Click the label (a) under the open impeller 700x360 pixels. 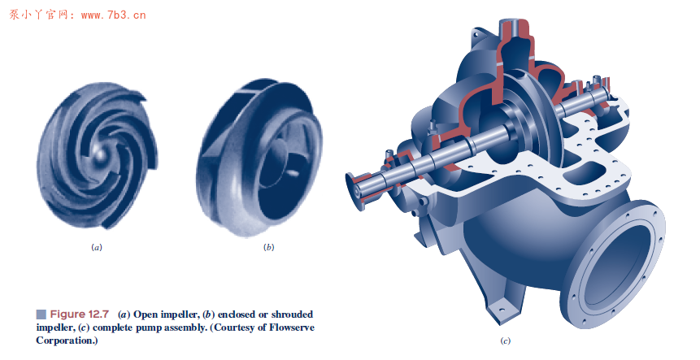pyautogui.click(x=97, y=246)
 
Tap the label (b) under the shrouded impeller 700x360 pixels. pyautogui.click(x=268, y=246)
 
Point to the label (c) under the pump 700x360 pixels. pyautogui.click(x=506, y=340)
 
